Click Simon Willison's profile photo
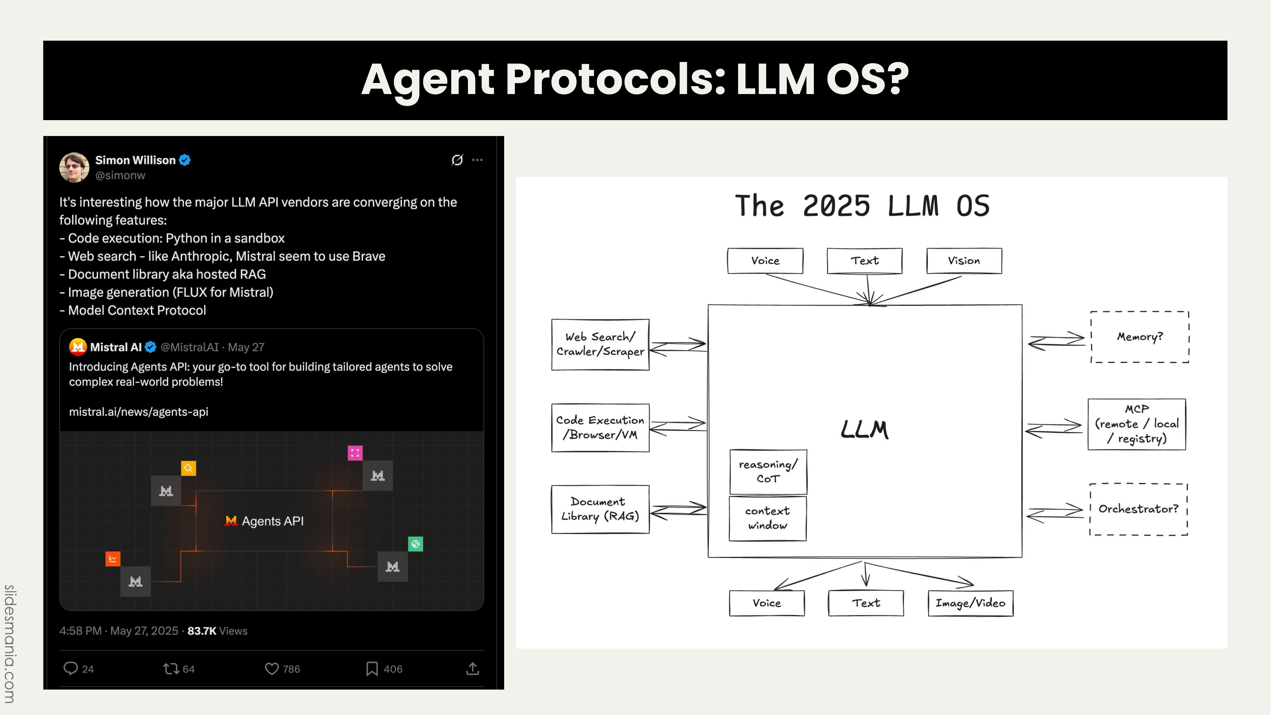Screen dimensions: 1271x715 click(x=74, y=167)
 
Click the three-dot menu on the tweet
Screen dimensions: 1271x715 click(x=477, y=160)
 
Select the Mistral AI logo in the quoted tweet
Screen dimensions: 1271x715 click(x=78, y=347)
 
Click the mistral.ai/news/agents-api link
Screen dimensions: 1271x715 click(x=139, y=412)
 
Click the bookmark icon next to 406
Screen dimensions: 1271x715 click(x=372, y=669)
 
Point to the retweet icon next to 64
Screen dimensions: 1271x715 click(x=171, y=669)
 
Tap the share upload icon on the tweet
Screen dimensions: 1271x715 click(x=473, y=669)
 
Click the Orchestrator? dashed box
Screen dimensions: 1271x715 click(x=1138, y=509)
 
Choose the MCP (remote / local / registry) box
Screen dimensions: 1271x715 click(x=1137, y=424)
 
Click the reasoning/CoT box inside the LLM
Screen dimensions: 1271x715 click(x=768, y=472)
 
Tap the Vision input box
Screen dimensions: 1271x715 click(x=964, y=261)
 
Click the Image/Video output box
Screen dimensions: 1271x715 click(x=970, y=603)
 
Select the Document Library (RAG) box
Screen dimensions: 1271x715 click(x=600, y=509)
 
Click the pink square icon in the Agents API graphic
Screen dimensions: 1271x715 click(x=355, y=453)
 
